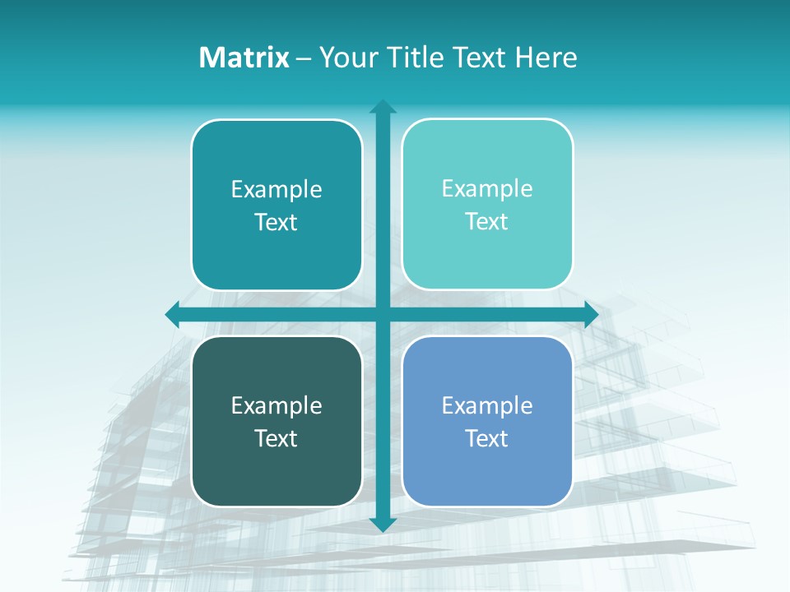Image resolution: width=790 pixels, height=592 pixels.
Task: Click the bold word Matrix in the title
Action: (244, 58)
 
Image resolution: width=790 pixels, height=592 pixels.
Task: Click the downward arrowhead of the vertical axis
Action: (383, 525)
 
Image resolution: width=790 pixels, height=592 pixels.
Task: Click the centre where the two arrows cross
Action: (383, 314)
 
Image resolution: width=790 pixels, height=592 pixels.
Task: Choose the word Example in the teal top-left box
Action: (276, 190)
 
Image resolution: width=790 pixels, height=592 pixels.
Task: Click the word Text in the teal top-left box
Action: (276, 222)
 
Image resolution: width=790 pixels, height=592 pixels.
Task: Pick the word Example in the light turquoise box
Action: (487, 189)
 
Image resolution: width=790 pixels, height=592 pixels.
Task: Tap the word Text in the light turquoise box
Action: (487, 221)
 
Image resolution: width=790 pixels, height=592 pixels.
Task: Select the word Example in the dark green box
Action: (276, 406)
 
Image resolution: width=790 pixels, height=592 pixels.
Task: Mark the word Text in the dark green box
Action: (276, 438)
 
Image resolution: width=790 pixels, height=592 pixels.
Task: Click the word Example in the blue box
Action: (487, 406)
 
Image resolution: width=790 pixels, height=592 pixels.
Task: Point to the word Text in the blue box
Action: (487, 438)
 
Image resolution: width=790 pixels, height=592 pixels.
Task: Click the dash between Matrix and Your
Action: (304, 58)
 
